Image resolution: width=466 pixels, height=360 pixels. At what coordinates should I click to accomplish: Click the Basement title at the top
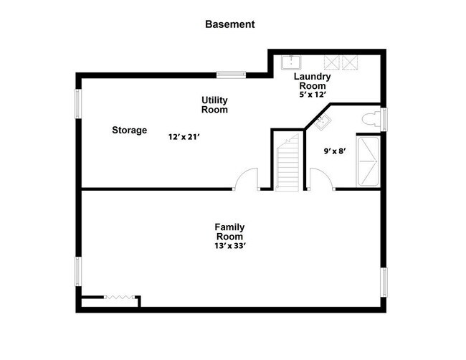[x=229, y=24]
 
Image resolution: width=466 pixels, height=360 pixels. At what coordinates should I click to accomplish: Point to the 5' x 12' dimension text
[x=313, y=93]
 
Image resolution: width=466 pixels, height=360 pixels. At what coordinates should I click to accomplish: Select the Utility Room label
[x=214, y=105]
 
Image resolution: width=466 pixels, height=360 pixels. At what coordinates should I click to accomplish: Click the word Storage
[x=129, y=131]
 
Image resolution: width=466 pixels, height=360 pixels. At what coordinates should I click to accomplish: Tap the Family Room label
[x=229, y=232]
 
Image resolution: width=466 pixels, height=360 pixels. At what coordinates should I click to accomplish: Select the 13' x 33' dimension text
[x=229, y=245]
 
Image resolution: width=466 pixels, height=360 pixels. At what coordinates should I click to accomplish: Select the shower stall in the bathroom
[x=370, y=161]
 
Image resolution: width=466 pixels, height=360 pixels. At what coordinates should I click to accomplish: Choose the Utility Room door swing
[x=248, y=179]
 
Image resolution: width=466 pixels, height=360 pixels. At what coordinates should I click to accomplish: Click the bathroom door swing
[x=320, y=179]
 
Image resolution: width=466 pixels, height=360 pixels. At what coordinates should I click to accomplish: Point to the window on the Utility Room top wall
[x=231, y=74]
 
